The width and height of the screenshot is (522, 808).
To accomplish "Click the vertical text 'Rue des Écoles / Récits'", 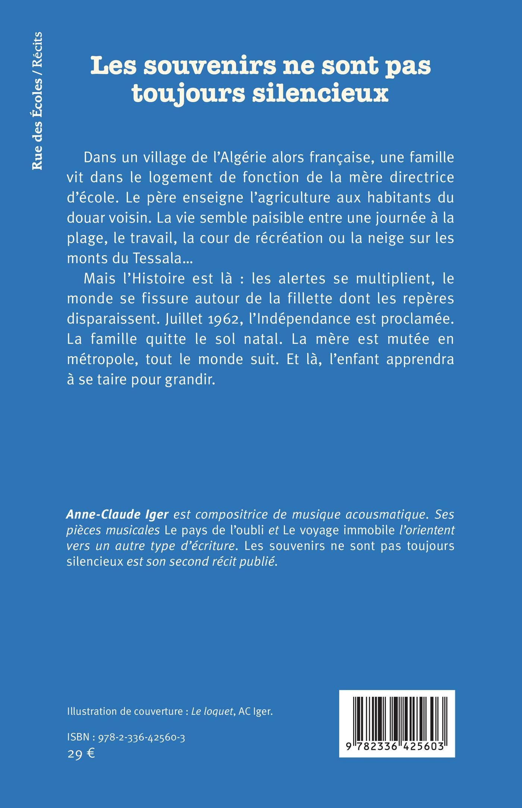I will click(x=38, y=101).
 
